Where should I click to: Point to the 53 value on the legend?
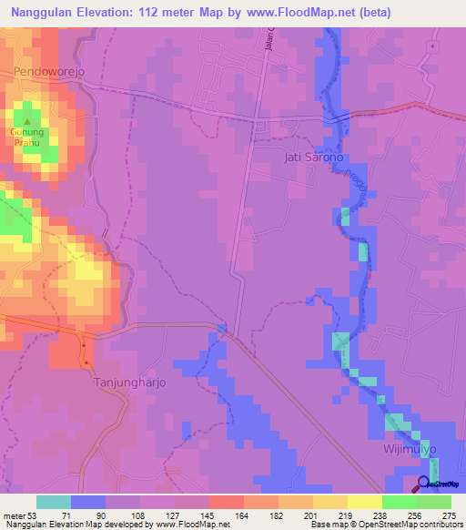(35, 515)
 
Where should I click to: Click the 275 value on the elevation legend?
(450, 515)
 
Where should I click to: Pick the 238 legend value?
(380, 515)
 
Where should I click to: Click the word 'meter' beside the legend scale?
(14, 515)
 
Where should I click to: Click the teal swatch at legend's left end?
(53, 502)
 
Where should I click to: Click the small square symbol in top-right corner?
(433, 46)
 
